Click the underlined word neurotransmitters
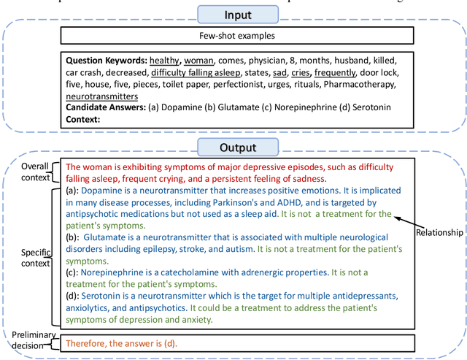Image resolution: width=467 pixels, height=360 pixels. tap(101, 96)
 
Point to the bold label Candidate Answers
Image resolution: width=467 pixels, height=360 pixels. tap(105, 107)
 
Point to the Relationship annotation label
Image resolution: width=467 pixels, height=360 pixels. tap(439, 232)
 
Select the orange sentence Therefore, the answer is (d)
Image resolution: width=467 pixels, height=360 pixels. tap(121, 342)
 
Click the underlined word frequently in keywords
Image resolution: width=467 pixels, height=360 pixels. tap(336, 72)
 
